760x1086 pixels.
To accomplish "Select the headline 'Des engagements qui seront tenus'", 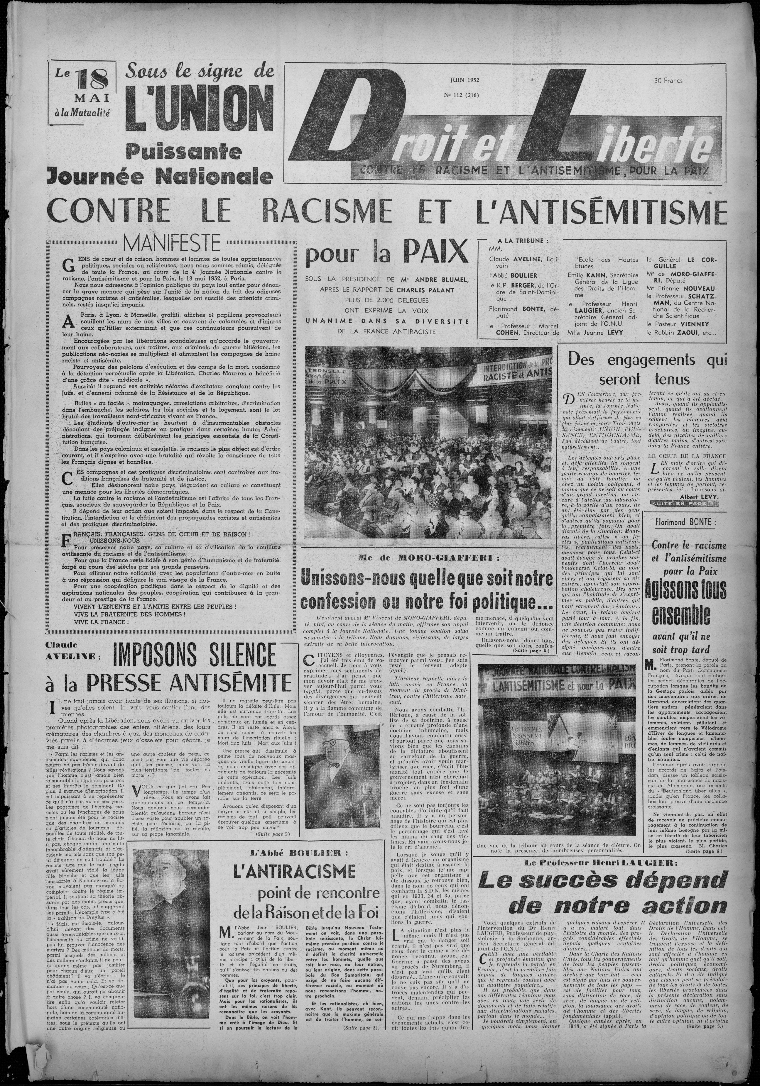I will (x=646, y=369).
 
